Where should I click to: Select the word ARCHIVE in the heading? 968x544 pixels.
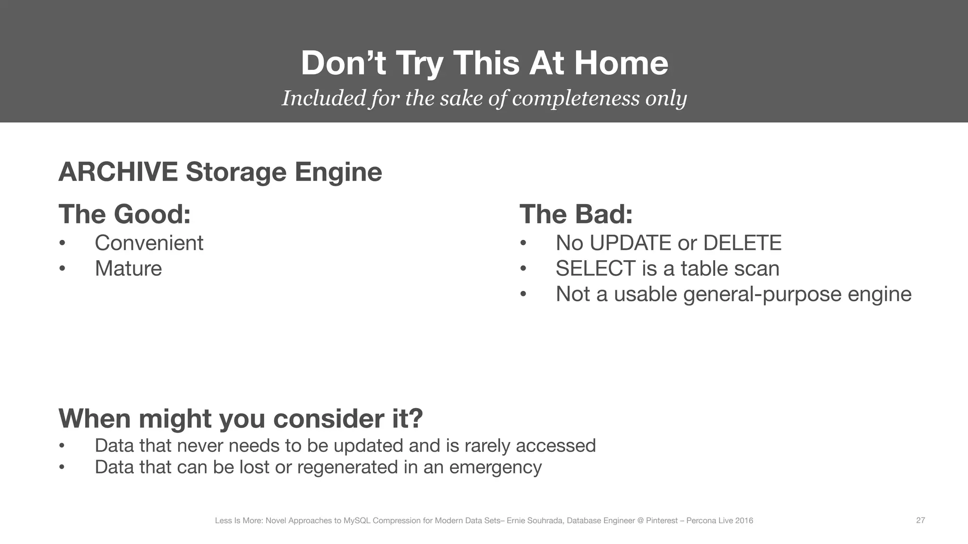118,171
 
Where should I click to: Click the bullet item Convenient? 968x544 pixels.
149,243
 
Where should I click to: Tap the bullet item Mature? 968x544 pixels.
128,268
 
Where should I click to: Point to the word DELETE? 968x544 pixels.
742,243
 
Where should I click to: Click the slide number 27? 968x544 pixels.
920,520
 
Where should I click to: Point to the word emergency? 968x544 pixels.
495,467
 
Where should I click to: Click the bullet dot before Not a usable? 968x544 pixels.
523,294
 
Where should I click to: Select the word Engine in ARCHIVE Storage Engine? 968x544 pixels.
338,171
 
